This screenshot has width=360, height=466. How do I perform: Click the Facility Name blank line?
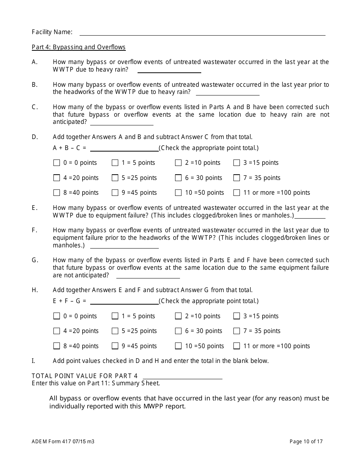point(202,32)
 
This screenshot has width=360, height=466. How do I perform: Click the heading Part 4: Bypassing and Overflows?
point(78,47)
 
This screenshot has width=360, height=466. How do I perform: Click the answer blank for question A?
point(169,70)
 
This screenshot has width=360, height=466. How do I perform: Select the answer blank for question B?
point(227,92)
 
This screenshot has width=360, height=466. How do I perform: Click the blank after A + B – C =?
point(124,148)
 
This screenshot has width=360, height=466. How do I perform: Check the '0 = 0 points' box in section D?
point(57,163)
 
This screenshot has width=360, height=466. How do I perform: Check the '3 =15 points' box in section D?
point(237,163)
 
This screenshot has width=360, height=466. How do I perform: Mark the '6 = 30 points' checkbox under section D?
point(178,178)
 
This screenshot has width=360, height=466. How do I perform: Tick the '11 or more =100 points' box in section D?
point(237,193)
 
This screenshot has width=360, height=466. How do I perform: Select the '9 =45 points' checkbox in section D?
point(115,193)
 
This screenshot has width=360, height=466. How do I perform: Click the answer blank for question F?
point(124,246)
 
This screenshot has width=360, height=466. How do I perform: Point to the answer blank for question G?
point(148,275)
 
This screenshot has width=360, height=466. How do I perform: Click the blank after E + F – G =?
point(124,301)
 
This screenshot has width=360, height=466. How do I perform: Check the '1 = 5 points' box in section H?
point(115,316)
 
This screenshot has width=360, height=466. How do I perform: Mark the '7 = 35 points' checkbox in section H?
point(237,331)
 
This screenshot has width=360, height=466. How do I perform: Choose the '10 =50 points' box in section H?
point(178,346)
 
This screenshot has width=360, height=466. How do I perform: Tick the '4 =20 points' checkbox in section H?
point(57,331)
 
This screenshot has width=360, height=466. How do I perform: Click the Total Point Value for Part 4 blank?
point(182,376)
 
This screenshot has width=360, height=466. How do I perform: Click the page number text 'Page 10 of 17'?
point(306,441)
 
